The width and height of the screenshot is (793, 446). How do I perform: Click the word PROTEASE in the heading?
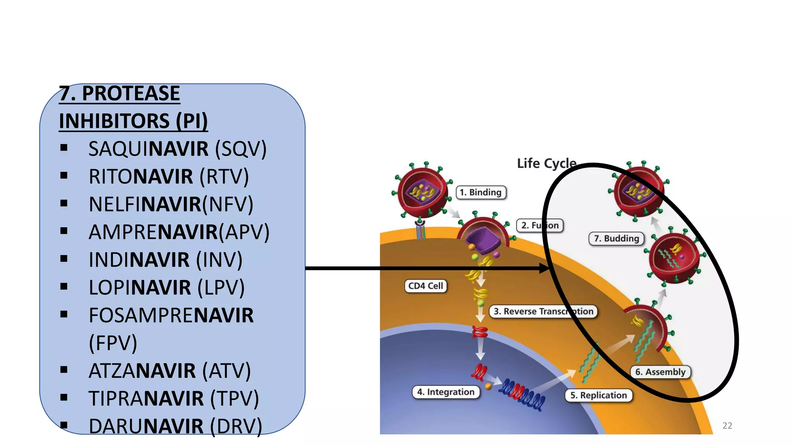pos(131,93)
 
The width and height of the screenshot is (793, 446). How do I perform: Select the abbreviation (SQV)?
pos(241,149)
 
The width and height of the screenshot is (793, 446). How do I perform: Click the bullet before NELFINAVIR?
pos(64,203)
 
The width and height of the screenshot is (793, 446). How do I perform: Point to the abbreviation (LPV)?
pos(221,288)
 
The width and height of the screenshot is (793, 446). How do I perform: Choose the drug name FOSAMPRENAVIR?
pos(171,315)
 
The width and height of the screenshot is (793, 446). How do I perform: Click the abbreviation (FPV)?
pos(113,343)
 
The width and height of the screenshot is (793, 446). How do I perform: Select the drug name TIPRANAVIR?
pos(146,398)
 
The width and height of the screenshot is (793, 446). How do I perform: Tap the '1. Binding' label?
pos(481,192)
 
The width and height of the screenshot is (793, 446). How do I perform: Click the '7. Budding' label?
pos(616,238)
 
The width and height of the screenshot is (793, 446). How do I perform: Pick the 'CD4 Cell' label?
pos(426,286)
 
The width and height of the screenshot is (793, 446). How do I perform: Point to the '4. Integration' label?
pos(446,392)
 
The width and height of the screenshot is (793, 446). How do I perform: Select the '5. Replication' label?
pos(598,395)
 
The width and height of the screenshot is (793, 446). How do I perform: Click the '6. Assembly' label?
pos(660,372)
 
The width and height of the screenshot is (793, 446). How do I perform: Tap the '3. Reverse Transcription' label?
pos(543,311)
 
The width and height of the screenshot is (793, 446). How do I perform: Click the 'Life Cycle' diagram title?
pos(546,163)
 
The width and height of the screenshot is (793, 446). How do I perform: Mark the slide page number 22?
pos(727,425)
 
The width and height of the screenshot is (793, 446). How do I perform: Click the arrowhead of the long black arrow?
pos(544,268)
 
